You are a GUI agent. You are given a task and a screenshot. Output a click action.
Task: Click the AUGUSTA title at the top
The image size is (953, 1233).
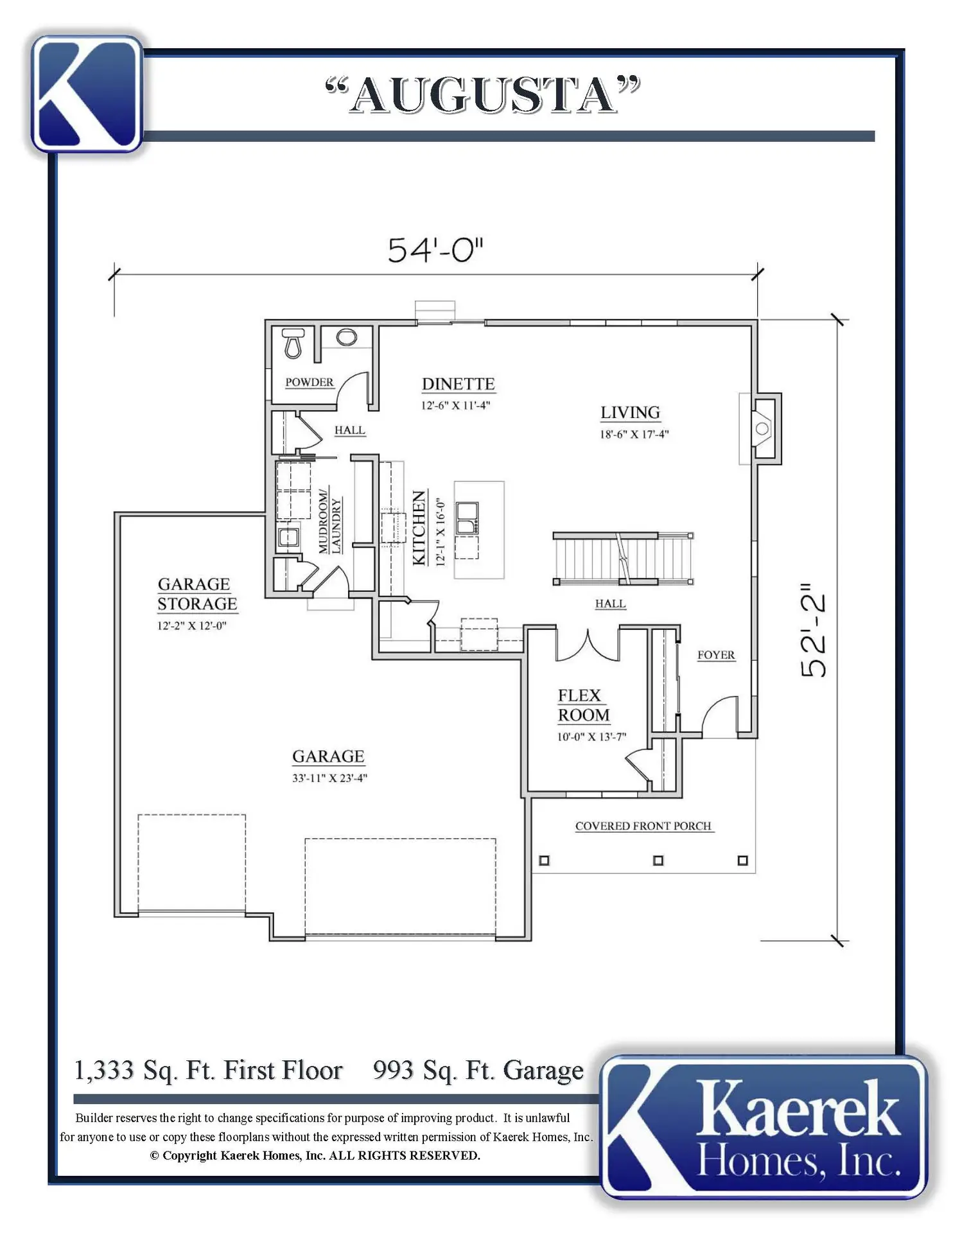tap(483, 95)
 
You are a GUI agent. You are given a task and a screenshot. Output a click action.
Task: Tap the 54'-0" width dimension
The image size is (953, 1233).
tap(435, 250)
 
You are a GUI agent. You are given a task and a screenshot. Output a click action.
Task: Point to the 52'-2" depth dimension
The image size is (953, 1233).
tap(814, 631)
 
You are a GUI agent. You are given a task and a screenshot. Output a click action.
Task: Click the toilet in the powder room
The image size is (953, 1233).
tap(293, 343)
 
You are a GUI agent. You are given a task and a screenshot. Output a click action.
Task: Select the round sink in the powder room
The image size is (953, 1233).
tap(347, 337)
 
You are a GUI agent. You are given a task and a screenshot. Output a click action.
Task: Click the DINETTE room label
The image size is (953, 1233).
tap(459, 384)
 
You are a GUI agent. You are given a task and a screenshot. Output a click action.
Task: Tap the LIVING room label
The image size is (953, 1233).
tap(630, 412)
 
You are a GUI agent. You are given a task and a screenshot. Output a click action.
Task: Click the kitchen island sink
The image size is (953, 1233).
tap(466, 518)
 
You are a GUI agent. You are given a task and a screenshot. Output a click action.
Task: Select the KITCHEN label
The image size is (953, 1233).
tap(419, 527)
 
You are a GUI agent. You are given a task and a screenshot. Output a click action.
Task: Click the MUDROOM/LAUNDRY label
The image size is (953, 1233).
tap(330, 522)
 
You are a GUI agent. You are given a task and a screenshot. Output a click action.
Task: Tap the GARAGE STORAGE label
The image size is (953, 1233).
tap(197, 594)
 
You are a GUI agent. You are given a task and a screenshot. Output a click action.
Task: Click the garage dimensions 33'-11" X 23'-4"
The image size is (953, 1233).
tap(329, 778)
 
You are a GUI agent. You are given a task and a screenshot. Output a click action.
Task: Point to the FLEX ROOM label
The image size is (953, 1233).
tap(583, 705)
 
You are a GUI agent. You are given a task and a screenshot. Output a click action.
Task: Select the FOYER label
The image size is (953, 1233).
tap(716, 655)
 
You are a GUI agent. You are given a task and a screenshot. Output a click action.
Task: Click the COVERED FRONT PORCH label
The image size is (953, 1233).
tap(643, 826)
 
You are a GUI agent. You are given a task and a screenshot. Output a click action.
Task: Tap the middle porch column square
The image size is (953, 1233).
tap(658, 861)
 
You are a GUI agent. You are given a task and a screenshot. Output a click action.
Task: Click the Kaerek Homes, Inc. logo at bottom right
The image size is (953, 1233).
tap(764, 1127)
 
